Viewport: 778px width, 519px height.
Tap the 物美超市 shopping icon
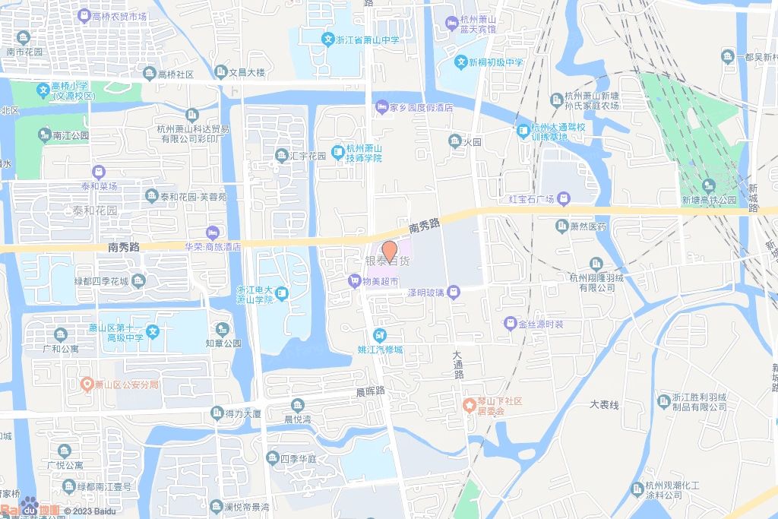[353, 282]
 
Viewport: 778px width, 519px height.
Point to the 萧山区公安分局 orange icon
[87, 385]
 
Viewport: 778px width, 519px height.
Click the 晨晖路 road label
[371, 391]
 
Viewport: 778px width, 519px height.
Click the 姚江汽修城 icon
[379, 335]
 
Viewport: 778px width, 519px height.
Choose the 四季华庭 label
[297, 458]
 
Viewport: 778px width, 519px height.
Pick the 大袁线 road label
[604, 404]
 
